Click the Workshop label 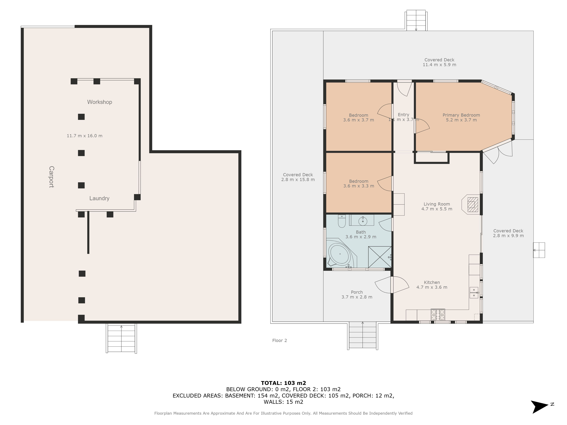pyautogui.click(x=100, y=102)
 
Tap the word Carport pyautogui.click(x=51, y=177)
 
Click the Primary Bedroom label pyautogui.click(x=461, y=115)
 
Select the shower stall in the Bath pyautogui.click(x=380, y=257)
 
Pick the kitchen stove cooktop pyautogui.click(x=438, y=315)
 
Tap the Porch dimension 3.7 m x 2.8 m pyautogui.click(x=357, y=297)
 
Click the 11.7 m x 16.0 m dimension pyautogui.click(x=85, y=136)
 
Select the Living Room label pyautogui.click(x=437, y=204)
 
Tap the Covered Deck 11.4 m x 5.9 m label pyautogui.click(x=439, y=62)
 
